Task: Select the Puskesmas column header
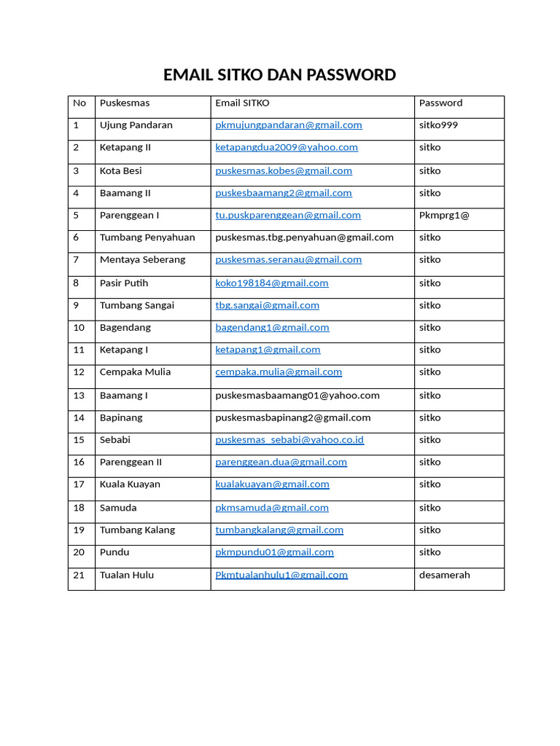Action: click(125, 103)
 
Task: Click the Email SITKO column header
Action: click(242, 103)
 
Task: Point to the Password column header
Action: click(440, 103)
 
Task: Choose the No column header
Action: click(79, 103)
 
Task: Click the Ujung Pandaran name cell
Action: click(136, 125)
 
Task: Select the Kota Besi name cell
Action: click(121, 171)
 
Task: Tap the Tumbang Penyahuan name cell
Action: click(147, 237)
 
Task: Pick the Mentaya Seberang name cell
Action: click(143, 260)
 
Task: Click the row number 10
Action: click(79, 328)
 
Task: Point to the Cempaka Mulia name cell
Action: click(136, 372)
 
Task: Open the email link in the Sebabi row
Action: click(289, 440)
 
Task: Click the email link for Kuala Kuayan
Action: click(272, 484)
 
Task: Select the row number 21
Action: click(79, 576)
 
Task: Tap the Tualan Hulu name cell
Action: click(127, 576)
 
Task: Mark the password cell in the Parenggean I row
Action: click(444, 216)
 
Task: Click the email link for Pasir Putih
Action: click(272, 283)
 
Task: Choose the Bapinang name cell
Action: click(121, 418)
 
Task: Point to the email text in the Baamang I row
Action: click(297, 396)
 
